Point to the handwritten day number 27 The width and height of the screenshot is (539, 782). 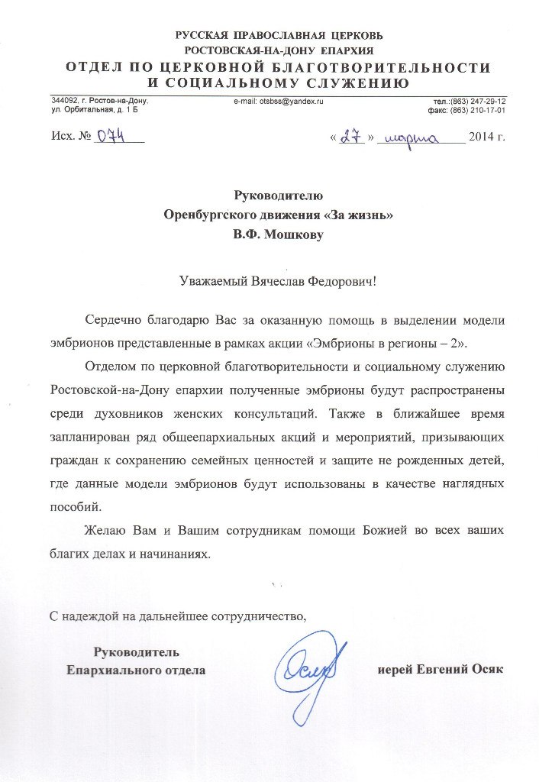[351, 138]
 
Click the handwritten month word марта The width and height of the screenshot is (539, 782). [412, 139]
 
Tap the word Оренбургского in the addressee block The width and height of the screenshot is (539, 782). [208, 216]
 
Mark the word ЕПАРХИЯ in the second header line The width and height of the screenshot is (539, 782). [345, 50]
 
